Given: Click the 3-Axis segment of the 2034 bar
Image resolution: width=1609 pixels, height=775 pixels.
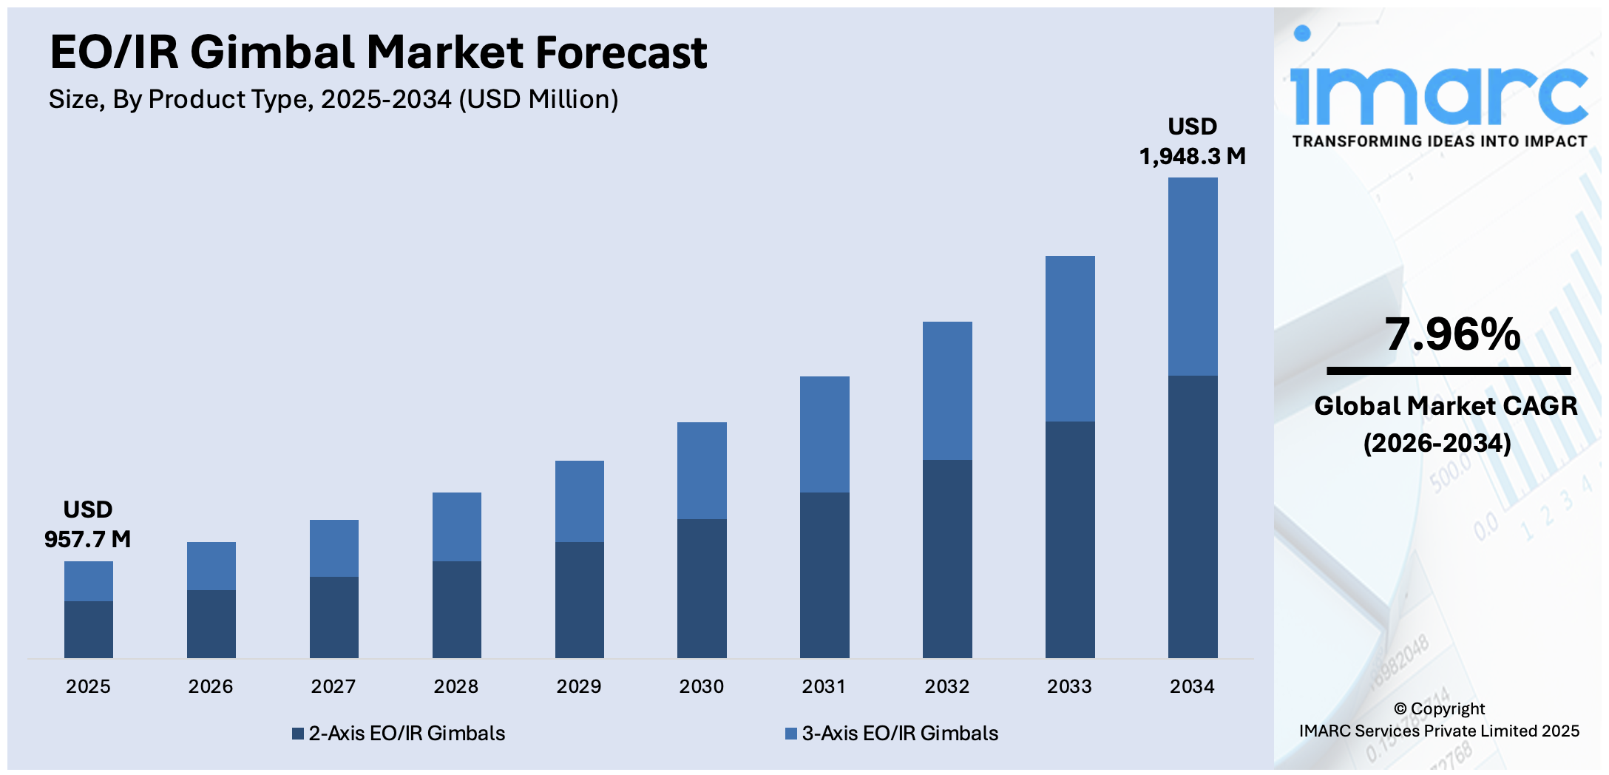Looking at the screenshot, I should (1192, 277).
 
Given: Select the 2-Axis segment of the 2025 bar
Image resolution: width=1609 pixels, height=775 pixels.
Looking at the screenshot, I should (88, 629).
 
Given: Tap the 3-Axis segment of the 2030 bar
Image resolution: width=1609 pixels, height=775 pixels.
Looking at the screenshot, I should (702, 470).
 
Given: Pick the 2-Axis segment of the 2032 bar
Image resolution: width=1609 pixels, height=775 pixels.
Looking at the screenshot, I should (947, 558).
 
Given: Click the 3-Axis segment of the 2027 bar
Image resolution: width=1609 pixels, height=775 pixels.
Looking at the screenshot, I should (333, 548).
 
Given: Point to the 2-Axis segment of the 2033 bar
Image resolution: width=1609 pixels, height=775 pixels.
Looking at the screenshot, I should (1069, 539).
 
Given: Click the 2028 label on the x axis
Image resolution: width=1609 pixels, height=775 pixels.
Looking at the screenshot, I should (455, 686).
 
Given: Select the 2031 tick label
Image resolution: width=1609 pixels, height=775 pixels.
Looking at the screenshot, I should (824, 686).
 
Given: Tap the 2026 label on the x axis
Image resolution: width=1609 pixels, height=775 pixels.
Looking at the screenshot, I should (210, 686).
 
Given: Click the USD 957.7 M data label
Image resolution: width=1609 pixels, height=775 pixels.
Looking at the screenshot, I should (87, 524).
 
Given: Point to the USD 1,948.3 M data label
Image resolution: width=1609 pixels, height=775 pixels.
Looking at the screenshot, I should (1192, 141).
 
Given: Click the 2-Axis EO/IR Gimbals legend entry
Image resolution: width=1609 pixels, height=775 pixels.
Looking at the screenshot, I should (399, 733).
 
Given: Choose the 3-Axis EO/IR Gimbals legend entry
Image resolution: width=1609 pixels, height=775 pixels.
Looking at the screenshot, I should (892, 733).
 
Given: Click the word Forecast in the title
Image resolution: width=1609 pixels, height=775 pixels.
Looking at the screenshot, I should (620, 53).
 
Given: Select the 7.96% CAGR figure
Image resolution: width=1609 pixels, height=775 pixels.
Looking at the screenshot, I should (1452, 334).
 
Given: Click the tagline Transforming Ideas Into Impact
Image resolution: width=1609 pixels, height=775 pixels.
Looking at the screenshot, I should (1439, 141).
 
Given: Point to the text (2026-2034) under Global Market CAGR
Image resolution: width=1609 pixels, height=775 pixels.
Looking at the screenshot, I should (1437, 443).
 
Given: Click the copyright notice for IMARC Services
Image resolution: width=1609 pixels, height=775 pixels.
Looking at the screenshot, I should (1439, 720).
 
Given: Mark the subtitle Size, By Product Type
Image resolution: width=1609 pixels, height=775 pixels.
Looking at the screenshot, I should (333, 99).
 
